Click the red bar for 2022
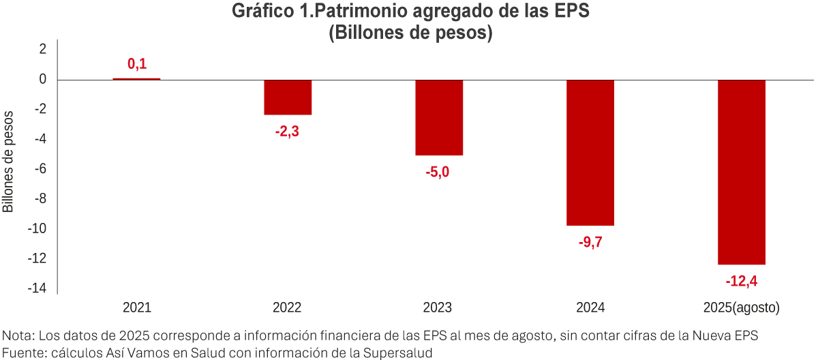(x=288, y=97)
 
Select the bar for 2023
(x=439, y=117)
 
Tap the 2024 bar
(x=590, y=152)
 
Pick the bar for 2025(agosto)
(x=742, y=172)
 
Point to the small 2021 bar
(x=136, y=79)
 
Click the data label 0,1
(x=137, y=65)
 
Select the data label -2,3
(x=287, y=132)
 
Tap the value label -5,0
(x=438, y=172)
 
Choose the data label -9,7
(x=590, y=242)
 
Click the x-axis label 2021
(x=136, y=307)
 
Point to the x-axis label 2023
(x=438, y=307)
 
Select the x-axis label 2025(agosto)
(x=741, y=307)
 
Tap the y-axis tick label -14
(x=37, y=288)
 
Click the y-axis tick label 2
(x=42, y=49)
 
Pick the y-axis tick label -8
(x=40, y=199)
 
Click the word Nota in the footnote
(x=18, y=335)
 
